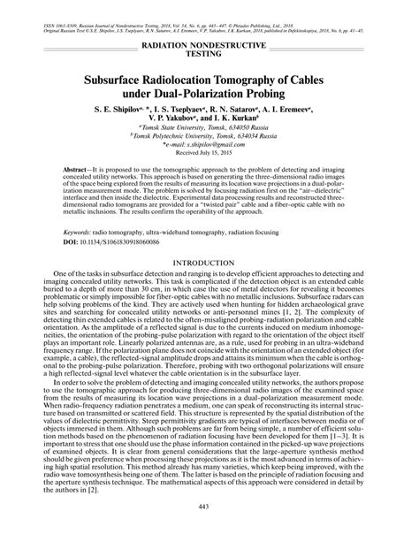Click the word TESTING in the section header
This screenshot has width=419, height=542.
209,54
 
